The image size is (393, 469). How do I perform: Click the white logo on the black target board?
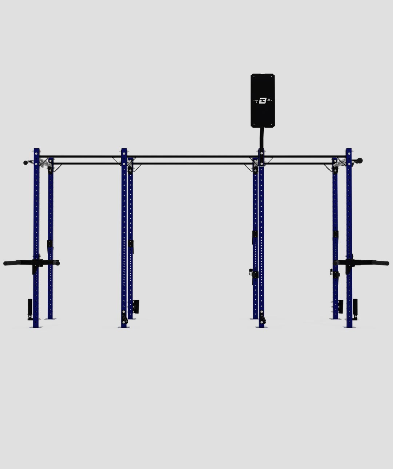pyautogui.click(x=263, y=100)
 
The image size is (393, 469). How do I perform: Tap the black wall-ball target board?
pyautogui.click(x=263, y=87)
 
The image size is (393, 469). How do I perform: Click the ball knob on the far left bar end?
pyautogui.click(x=25, y=162)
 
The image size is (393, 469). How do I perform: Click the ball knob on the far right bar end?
pyautogui.click(x=360, y=160)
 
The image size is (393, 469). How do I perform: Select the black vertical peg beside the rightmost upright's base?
pyautogui.click(x=355, y=308)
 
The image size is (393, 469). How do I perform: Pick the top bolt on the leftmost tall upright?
pyautogui.click(x=36, y=153)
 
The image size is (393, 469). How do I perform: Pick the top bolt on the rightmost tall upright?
pyautogui.click(x=349, y=153)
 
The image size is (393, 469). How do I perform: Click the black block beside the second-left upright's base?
pyautogui.click(x=136, y=306)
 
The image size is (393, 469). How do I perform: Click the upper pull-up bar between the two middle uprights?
pyautogui.click(x=193, y=156)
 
